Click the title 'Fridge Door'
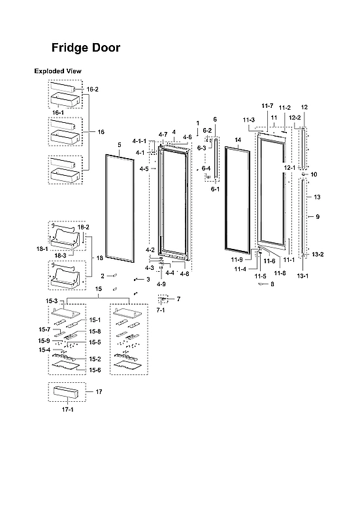coord(86,48)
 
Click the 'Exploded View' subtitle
coord(58,71)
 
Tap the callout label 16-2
coord(92,89)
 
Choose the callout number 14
coord(238,140)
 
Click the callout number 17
coord(99,392)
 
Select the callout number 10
coord(314,174)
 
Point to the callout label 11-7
coord(267,106)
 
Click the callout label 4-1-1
coord(139,141)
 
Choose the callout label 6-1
coord(215,189)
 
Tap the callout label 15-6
coord(94,370)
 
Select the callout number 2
coord(103,276)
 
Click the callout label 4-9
coord(161,284)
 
